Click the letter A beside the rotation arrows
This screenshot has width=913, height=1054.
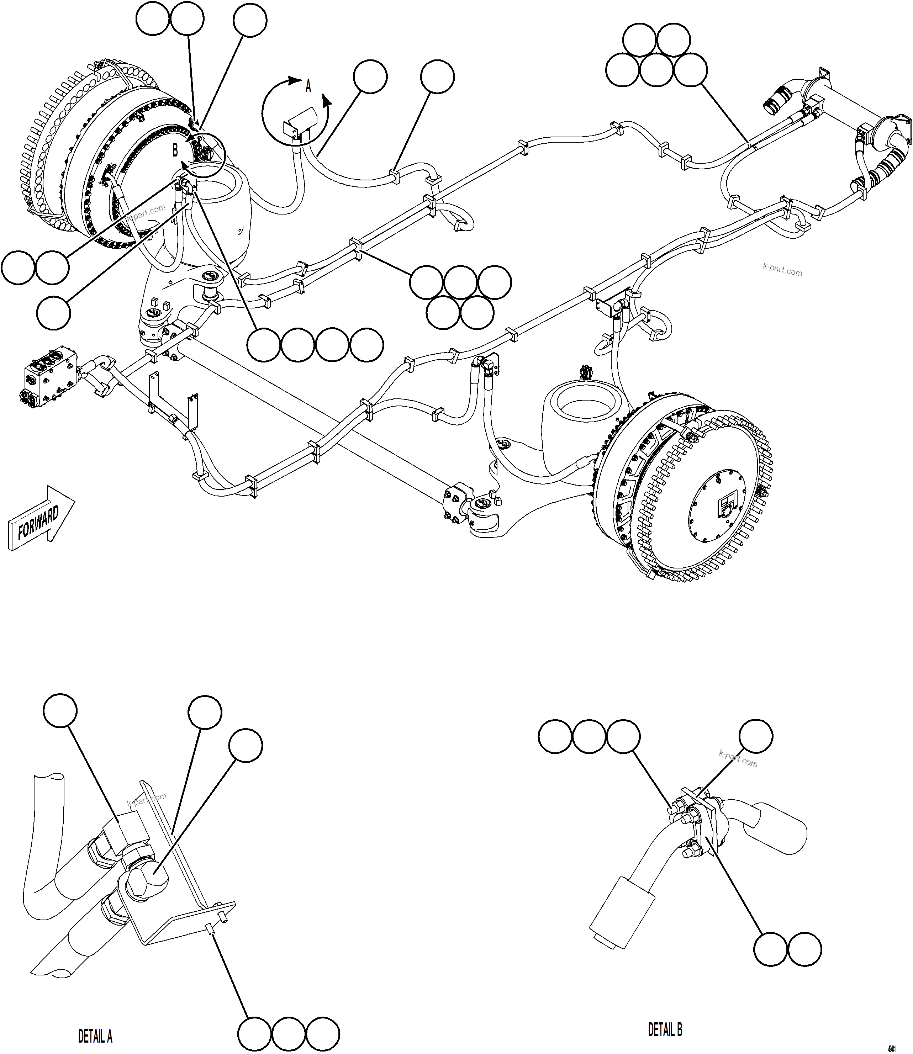point(308,87)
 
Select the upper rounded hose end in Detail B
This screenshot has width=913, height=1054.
point(780,828)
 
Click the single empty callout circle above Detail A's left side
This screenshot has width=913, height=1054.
point(60,710)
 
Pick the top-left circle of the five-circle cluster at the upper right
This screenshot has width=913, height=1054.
point(640,40)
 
